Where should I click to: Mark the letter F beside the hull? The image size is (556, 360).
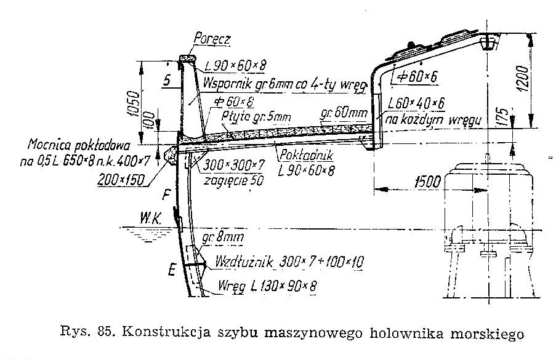(x=166, y=196)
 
